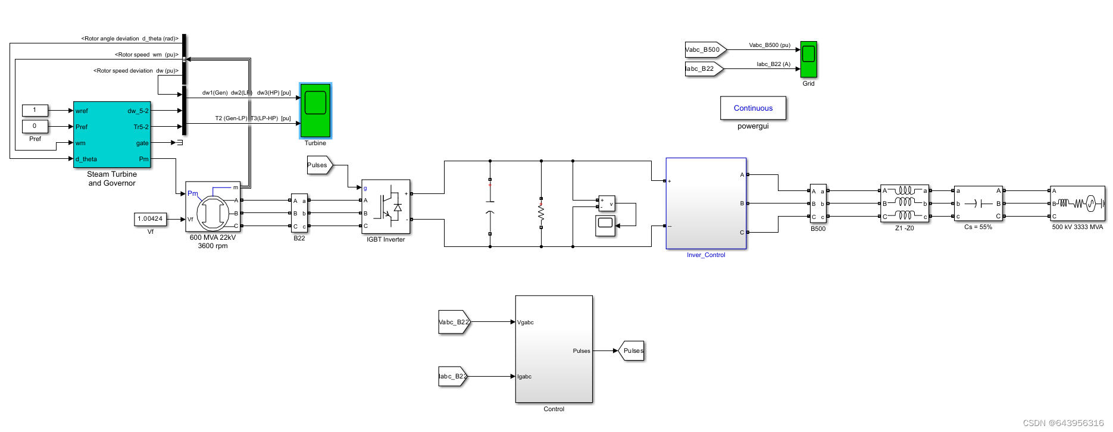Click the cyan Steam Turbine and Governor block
(x=112, y=134)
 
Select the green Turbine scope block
(x=315, y=111)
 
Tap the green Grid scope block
(x=808, y=60)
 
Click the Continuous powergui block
(x=753, y=108)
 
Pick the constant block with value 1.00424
(x=150, y=220)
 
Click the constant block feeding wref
(x=35, y=110)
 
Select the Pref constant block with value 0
(x=35, y=126)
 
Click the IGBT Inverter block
(x=386, y=207)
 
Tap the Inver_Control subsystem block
(x=706, y=204)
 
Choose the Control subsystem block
(x=554, y=349)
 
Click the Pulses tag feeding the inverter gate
(x=318, y=165)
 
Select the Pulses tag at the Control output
(x=632, y=351)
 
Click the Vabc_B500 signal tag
(x=704, y=50)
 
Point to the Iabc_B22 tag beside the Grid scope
(x=702, y=69)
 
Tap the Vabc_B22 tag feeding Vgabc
(x=454, y=323)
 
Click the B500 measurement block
(x=818, y=204)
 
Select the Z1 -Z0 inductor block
(x=904, y=204)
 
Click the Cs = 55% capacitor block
(x=978, y=204)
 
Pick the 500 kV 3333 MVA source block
(x=1077, y=204)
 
